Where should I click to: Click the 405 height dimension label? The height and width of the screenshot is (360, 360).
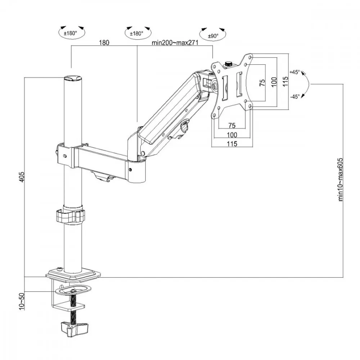[21, 177]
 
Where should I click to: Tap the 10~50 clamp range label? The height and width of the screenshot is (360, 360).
[22, 301]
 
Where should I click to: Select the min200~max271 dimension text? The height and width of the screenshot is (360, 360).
[175, 43]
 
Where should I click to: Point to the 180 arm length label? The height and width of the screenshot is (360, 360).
[104, 42]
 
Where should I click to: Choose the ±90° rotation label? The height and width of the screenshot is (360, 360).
[213, 36]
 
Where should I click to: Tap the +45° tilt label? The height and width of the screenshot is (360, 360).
[295, 72]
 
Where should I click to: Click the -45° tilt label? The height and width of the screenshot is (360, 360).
[295, 96]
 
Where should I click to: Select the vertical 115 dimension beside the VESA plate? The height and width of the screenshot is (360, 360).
[285, 81]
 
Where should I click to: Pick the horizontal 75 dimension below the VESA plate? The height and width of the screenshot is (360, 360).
[232, 125]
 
